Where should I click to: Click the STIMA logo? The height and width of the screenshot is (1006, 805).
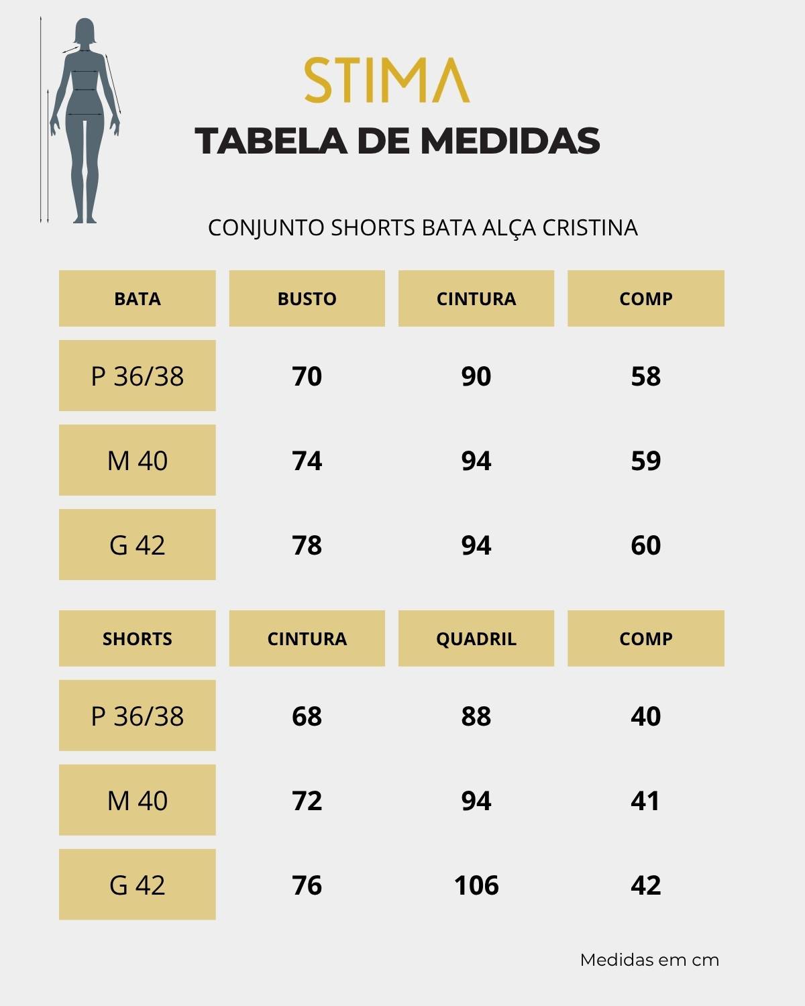click(387, 80)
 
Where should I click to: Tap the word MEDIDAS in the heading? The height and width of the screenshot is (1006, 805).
click(510, 141)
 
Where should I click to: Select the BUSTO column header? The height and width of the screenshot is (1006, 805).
click(307, 298)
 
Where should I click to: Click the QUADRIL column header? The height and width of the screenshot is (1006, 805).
click(476, 638)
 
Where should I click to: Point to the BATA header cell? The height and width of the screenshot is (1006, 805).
click(138, 298)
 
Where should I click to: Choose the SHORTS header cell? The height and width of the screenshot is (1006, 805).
click(138, 638)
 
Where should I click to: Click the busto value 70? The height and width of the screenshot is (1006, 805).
click(307, 376)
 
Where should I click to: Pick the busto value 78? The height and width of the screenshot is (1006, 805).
click(307, 545)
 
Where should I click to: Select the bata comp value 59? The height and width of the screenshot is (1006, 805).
click(645, 461)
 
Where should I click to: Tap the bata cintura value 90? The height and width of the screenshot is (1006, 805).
click(476, 376)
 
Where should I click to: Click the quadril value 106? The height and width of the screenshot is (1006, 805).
click(476, 885)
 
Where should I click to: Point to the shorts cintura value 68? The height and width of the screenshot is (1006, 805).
click(307, 716)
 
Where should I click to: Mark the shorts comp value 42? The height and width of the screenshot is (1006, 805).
click(645, 885)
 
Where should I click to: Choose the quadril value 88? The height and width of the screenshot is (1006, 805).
click(476, 716)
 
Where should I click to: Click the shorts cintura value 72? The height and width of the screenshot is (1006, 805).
click(307, 801)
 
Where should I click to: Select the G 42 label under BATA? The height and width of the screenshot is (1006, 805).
click(138, 545)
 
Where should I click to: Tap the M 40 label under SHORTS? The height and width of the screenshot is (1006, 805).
click(138, 801)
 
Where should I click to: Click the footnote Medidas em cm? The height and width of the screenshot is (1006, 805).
click(649, 960)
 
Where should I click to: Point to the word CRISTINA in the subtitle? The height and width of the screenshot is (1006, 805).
click(590, 228)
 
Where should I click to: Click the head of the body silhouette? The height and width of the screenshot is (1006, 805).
click(85, 33)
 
